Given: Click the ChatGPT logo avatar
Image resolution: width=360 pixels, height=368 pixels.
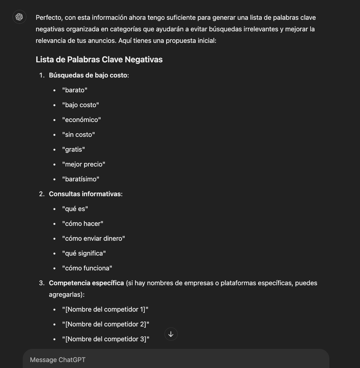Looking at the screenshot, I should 19,17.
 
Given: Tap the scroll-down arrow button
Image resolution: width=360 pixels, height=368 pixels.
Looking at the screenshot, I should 171,334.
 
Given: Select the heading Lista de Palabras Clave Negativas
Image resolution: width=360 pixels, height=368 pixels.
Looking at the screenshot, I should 99,60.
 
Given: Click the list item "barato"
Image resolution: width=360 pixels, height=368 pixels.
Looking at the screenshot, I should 75,90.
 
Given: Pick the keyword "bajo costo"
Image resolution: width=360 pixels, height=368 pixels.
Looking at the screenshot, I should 80,105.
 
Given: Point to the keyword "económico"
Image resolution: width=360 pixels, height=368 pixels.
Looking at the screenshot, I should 81,120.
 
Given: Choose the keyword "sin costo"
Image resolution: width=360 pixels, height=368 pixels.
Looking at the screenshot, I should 78,135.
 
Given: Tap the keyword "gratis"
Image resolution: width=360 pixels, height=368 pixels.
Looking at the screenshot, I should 74,149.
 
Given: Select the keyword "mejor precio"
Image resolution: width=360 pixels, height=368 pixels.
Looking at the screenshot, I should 84,164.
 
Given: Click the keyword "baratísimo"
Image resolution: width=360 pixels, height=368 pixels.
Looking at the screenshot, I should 81,179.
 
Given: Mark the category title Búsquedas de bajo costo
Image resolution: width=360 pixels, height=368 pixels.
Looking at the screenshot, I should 88,75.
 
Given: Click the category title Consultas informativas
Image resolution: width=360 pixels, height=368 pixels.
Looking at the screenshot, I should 85,194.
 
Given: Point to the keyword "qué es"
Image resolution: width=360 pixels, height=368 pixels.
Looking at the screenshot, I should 75,209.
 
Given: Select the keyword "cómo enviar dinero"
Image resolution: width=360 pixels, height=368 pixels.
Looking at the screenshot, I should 94,238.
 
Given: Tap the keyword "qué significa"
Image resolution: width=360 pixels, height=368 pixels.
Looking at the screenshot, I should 84,253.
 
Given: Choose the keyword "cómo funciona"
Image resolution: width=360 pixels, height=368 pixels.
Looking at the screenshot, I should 87,268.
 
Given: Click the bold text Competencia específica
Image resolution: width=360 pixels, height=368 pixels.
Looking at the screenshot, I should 86,283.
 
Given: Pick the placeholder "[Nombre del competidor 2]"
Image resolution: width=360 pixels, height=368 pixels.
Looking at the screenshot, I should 106,324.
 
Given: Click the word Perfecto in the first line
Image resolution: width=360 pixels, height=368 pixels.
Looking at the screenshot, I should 49,17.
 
